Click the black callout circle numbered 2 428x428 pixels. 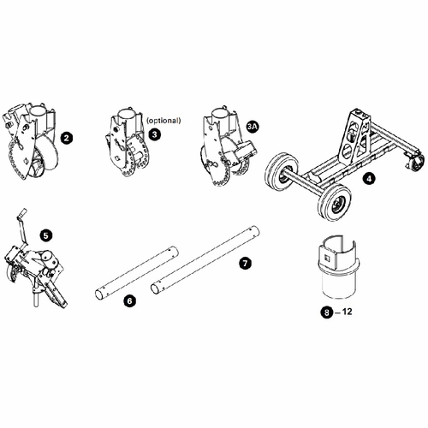click(65, 136)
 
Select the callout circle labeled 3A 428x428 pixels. click(252, 127)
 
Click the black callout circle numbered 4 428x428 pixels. click(367, 179)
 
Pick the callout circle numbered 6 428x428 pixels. click(128, 300)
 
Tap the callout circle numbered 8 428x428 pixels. click(327, 313)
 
